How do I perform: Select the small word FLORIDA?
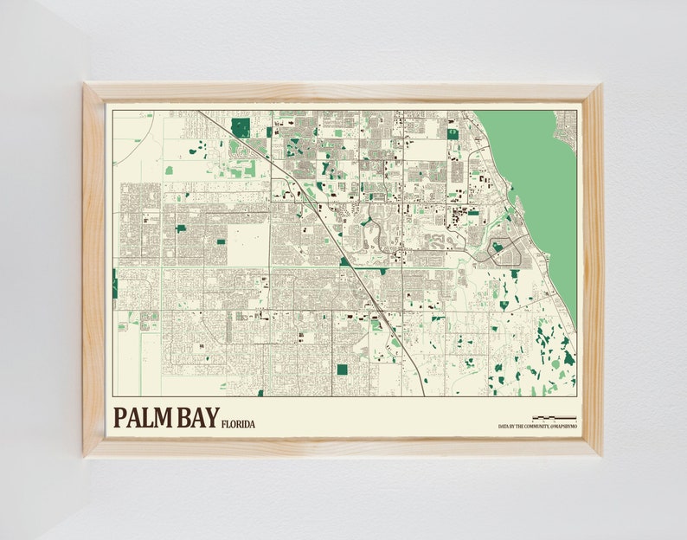click(238, 424)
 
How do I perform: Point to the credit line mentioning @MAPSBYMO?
click(536, 426)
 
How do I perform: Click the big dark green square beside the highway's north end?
click(241, 127)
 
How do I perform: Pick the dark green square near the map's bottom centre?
click(342, 370)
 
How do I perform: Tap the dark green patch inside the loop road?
click(497, 248)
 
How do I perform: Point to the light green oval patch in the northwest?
click(169, 170)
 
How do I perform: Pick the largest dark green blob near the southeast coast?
click(543, 332)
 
